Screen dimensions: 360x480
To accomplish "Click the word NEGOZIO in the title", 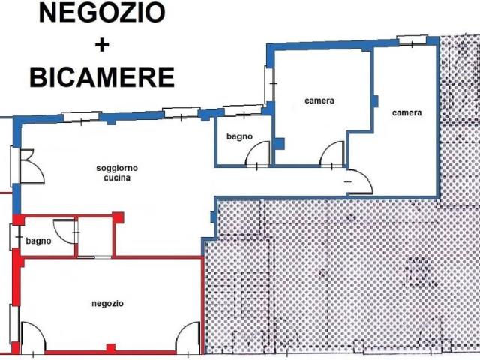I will click(101, 13).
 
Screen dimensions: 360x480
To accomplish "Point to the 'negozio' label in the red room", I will click(107, 303).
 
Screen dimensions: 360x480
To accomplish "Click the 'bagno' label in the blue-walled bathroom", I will click(239, 136).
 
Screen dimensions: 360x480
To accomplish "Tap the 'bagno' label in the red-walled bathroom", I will click(38, 241).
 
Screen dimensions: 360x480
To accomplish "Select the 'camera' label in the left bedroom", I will click(319, 100).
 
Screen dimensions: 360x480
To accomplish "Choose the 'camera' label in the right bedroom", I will click(406, 113).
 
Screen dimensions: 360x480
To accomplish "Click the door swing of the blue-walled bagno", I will click(256, 154).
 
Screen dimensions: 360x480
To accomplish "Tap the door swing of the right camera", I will click(358, 181).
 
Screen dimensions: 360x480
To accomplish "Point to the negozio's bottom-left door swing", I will click(33, 334).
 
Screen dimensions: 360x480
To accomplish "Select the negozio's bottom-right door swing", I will click(187, 335).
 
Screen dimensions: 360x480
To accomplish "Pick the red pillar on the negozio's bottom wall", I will click(111, 348).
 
